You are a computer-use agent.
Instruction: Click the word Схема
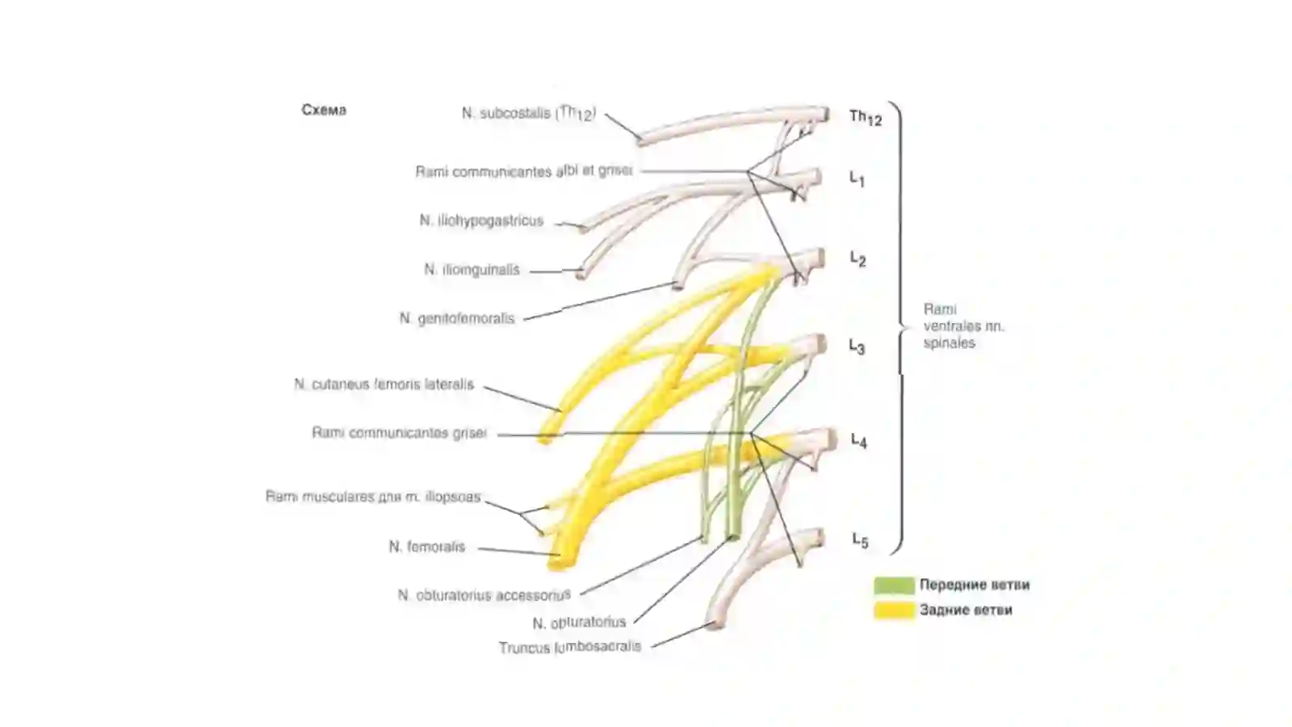point(324,110)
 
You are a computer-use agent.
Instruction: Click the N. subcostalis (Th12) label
point(529,113)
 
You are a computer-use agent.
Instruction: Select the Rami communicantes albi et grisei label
point(524,171)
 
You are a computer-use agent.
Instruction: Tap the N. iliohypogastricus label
point(481,221)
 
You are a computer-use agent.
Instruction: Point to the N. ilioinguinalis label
point(472,270)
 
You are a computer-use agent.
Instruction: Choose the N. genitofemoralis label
point(457,318)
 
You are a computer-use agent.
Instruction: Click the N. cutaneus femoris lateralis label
point(384,385)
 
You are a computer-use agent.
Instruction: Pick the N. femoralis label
point(427,547)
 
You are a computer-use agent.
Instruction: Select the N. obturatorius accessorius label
point(484,595)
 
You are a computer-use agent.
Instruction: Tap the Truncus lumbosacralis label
point(570,647)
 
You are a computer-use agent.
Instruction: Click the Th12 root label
point(865,118)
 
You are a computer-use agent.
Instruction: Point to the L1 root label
point(857,179)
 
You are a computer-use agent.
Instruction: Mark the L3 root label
point(857,347)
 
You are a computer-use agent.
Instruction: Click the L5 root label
point(860,540)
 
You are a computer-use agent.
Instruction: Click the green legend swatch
point(894,585)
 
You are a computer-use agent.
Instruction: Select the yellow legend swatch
point(894,611)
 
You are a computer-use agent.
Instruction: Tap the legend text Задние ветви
point(966,610)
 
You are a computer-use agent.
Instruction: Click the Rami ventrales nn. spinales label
point(964,326)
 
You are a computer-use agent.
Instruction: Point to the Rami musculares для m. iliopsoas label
point(373,497)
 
